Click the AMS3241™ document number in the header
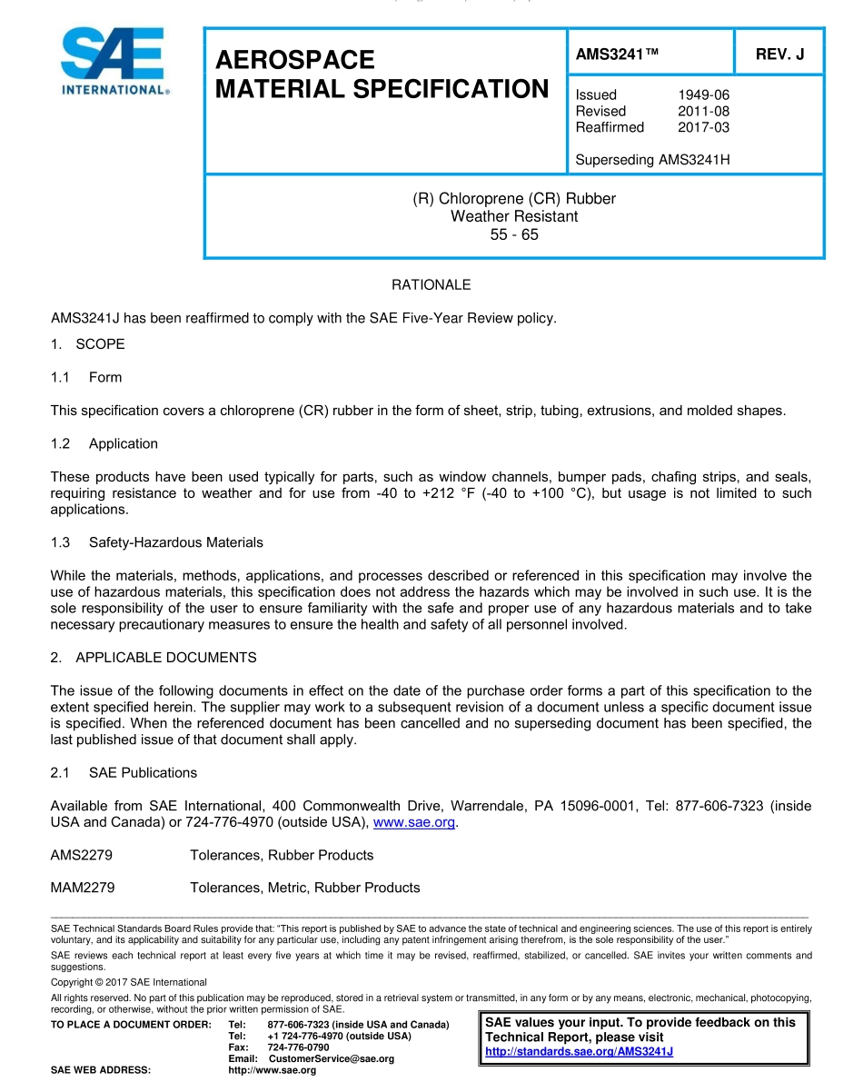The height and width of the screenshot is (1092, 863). [617, 55]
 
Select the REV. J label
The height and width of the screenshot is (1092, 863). [779, 55]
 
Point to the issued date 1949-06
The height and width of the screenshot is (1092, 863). [703, 94]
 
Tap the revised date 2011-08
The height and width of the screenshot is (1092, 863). [703, 111]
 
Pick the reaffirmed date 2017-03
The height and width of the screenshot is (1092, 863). [703, 127]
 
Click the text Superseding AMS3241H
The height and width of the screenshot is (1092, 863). [652, 160]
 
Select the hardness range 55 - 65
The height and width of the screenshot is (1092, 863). [514, 234]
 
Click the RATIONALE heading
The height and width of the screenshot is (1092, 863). [431, 285]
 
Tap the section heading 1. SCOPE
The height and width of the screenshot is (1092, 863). [88, 344]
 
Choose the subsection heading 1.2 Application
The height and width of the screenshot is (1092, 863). [104, 443]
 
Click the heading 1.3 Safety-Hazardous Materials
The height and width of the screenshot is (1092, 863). [157, 542]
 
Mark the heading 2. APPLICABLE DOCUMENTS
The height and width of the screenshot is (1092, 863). [154, 657]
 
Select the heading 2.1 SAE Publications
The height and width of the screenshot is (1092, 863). [124, 772]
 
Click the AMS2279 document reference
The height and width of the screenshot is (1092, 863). [82, 855]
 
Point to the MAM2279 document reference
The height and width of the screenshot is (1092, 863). [83, 888]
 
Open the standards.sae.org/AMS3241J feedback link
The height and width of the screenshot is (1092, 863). [579, 1052]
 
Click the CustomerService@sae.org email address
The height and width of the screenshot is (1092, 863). [332, 1059]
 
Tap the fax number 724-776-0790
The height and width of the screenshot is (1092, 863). [298, 1047]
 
